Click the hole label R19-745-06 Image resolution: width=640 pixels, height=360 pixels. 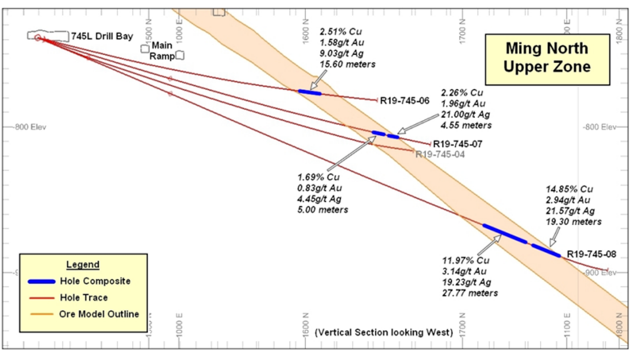click(x=405, y=100)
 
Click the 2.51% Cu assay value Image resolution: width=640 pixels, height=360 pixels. click(x=340, y=31)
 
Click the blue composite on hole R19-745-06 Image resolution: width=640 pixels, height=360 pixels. click(x=309, y=92)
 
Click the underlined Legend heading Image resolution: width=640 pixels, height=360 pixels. click(x=82, y=265)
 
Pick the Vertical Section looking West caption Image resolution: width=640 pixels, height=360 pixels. click(x=384, y=332)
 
